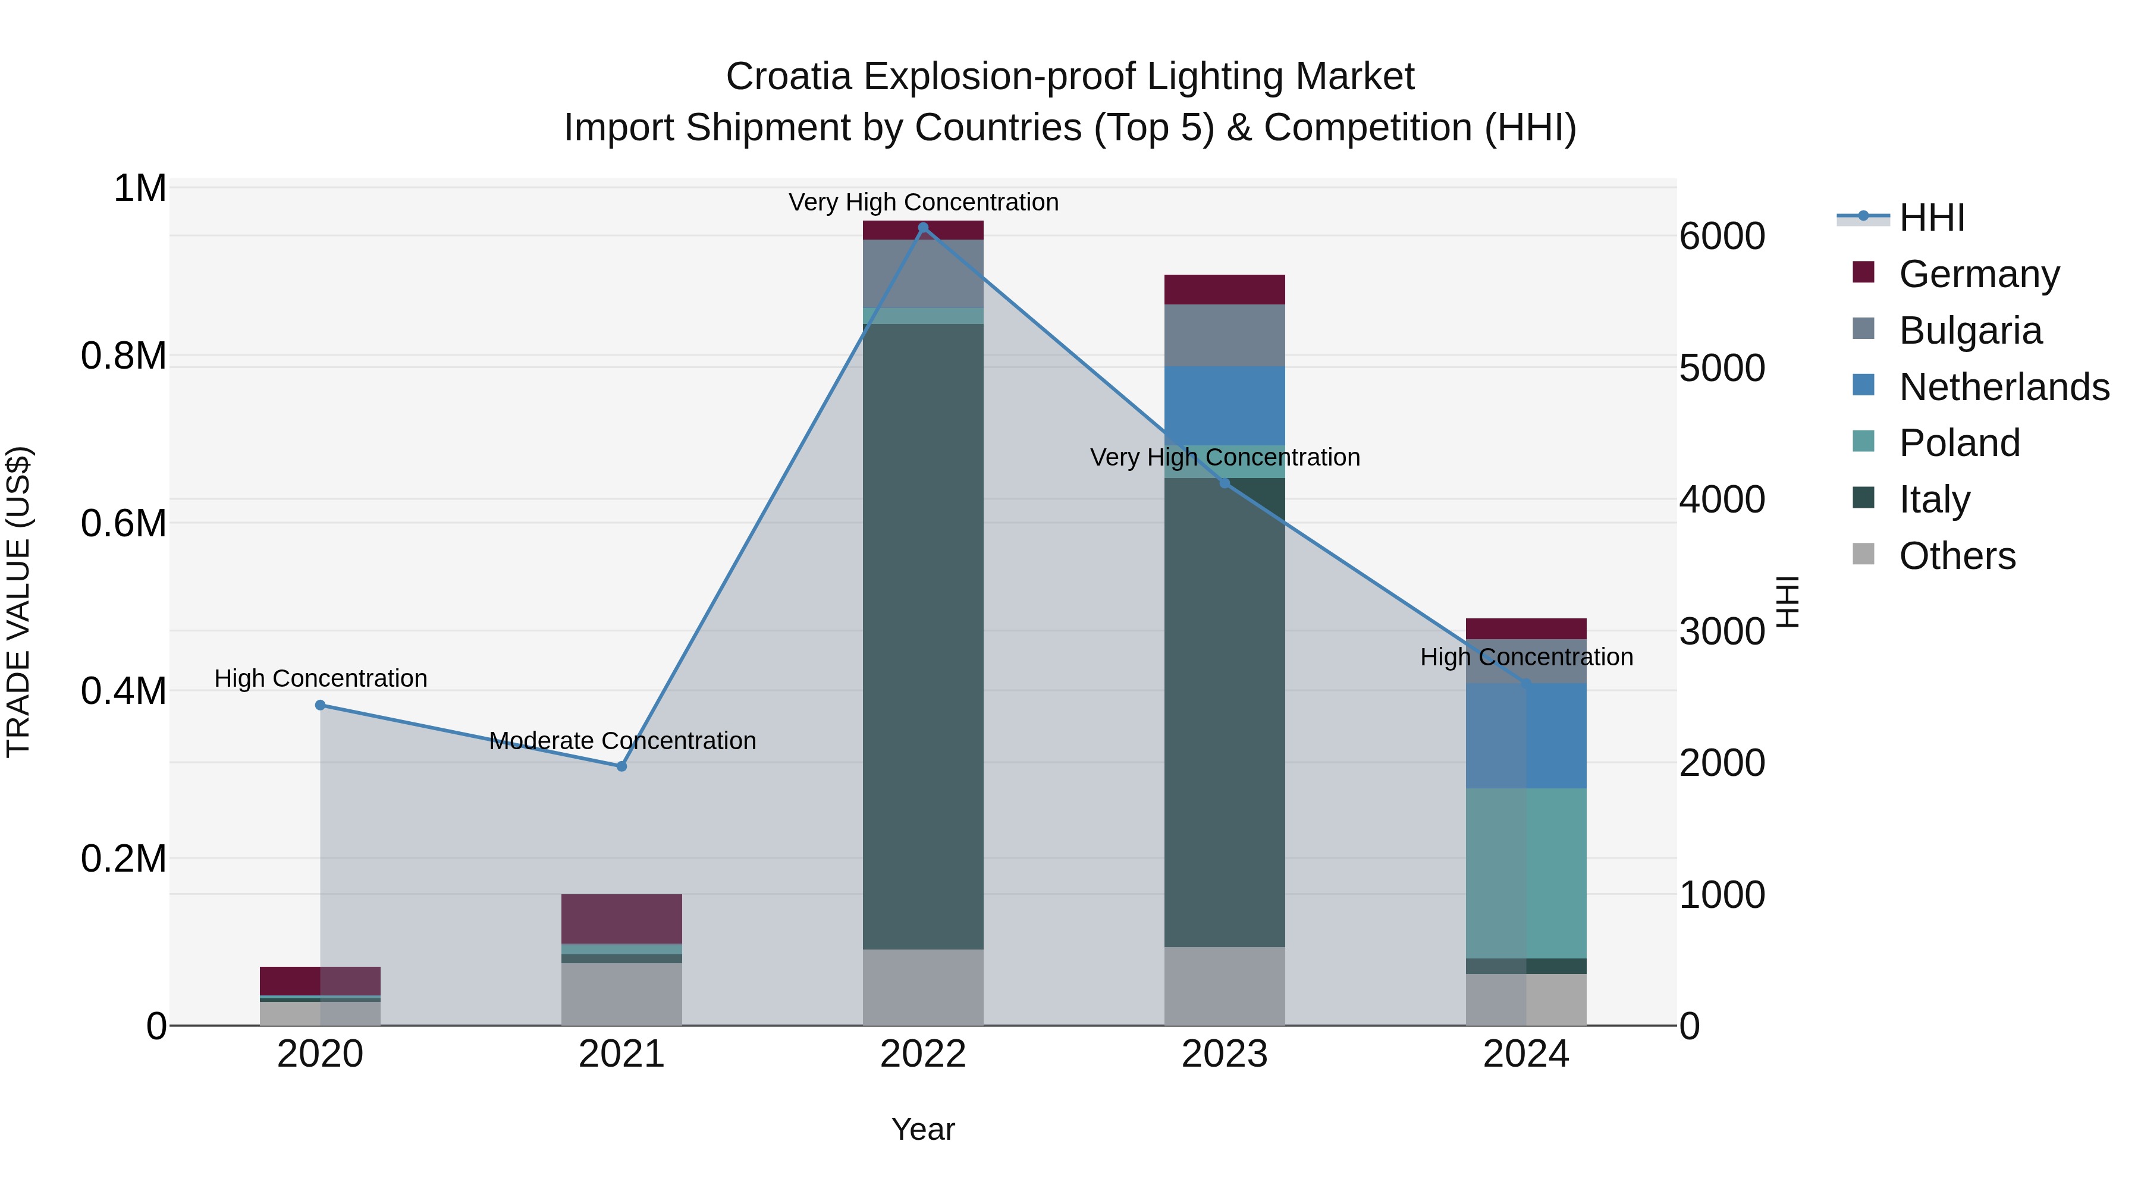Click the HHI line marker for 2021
coord(621,766)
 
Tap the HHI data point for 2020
coord(320,705)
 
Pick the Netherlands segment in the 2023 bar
coord(1225,405)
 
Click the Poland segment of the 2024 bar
coord(1526,872)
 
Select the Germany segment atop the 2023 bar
coord(1225,289)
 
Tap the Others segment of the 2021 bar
coord(621,994)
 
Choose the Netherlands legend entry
coord(2004,387)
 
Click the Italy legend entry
coord(1934,499)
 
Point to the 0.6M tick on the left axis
coord(123,523)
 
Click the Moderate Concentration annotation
coord(623,740)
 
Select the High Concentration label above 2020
coord(321,678)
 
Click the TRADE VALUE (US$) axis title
coord(18,602)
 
